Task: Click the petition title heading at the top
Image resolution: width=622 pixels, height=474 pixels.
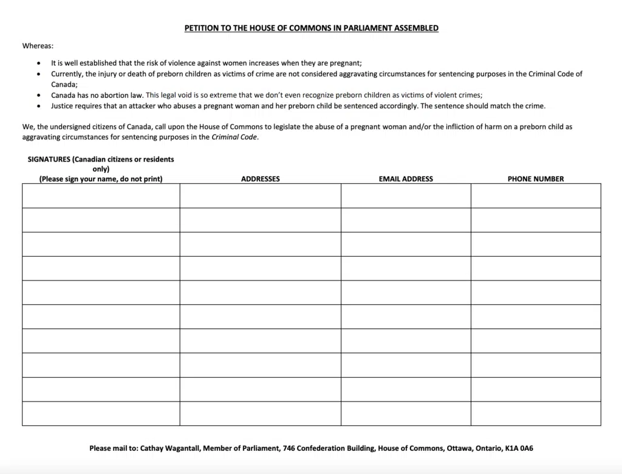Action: (x=311, y=28)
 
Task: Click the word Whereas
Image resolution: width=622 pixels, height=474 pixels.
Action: (x=38, y=45)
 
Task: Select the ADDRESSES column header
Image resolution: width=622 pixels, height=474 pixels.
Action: (x=260, y=179)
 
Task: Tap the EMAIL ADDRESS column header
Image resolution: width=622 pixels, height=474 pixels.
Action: (x=406, y=179)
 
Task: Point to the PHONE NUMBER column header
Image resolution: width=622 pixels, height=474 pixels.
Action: (x=535, y=179)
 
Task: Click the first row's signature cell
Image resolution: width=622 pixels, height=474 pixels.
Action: (x=101, y=196)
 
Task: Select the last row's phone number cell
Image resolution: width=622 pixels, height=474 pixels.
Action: (x=535, y=414)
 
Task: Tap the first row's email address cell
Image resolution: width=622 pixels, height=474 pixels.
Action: (x=406, y=196)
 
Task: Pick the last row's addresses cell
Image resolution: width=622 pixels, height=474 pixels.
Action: (x=260, y=414)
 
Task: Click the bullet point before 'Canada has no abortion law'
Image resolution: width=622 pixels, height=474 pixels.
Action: (x=39, y=96)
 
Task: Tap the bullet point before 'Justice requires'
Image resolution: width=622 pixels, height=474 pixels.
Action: (x=39, y=106)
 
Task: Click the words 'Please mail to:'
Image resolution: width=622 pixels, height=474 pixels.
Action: (x=114, y=448)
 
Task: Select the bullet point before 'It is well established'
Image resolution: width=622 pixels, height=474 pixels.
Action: (x=39, y=63)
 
